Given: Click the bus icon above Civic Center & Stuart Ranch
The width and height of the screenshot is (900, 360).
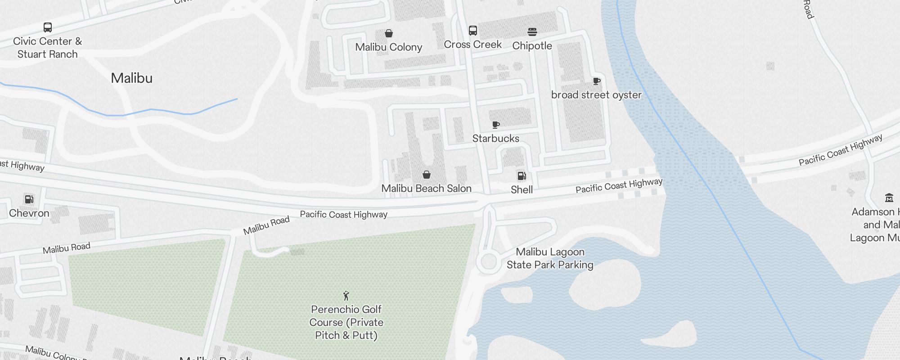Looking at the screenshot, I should tap(47, 27).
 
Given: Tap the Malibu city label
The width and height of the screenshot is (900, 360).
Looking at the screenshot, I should tap(131, 78).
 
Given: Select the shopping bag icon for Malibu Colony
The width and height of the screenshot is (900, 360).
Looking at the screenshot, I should tap(389, 33).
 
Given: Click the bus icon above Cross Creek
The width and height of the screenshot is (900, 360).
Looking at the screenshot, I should tap(472, 31).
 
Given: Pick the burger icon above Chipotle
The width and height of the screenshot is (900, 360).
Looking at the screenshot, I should tap(532, 32).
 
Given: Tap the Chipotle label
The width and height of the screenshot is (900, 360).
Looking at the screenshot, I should tap(532, 46).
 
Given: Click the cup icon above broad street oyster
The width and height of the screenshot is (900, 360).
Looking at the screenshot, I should tap(596, 81).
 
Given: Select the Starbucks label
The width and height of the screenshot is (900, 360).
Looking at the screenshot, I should tap(495, 139).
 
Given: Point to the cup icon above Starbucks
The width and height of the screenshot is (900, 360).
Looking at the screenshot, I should tap(495, 125).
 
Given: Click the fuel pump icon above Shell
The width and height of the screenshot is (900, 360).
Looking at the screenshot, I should tap(522, 176).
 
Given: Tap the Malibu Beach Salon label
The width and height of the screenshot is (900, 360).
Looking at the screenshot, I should tap(426, 189).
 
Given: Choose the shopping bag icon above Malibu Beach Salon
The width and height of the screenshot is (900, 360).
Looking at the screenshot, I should tap(427, 175).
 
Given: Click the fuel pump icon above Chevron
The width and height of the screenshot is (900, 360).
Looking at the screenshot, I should tap(29, 199).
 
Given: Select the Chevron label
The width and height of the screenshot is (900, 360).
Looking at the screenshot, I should tap(29, 213).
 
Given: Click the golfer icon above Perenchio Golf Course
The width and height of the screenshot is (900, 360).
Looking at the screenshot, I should tap(346, 296).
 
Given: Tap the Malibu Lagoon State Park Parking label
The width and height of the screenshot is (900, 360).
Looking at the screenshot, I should tap(550, 258).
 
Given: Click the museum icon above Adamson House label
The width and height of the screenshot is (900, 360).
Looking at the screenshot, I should tap(889, 198).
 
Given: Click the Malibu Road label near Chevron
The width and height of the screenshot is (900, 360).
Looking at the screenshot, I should tap(67, 248).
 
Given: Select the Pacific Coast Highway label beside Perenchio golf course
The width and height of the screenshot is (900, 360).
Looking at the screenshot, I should tap(343, 215).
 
